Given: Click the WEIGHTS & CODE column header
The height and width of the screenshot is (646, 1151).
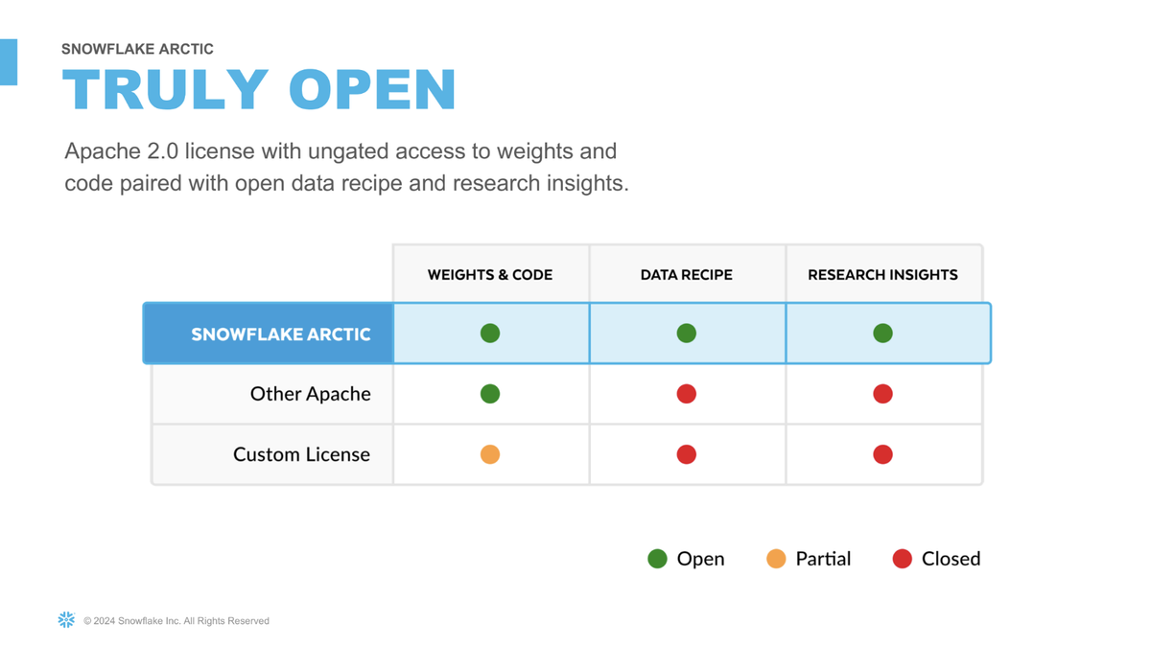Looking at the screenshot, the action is (x=490, y=275).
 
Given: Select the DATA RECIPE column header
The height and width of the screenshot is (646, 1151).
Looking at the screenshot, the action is (x=687, y=275).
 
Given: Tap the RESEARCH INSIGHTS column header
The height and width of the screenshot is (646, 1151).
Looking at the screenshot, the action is (x=882, y=275).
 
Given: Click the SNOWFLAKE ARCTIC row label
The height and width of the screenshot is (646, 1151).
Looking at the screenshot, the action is (x=280, y=335).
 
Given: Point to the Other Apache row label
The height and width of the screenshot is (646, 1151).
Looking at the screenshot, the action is (x=311, y=394).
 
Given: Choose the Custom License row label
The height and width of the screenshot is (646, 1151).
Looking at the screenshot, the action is (x=301, y=454).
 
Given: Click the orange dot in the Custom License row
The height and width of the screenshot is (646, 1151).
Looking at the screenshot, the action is (x=490, y=454).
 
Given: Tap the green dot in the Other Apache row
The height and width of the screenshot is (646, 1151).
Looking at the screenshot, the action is (x=490, y=394).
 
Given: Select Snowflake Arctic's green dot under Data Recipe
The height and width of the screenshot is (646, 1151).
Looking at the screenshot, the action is (x=687, y=334).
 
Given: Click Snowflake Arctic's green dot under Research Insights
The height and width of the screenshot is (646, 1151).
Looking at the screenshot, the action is (x=882, y=334).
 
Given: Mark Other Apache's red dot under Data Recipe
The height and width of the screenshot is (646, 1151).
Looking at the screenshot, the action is (x=687, y=394).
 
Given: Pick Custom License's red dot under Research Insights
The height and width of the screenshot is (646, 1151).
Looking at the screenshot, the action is (x=882, y=454).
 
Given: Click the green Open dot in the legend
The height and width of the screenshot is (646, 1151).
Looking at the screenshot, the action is (x=658, y=559).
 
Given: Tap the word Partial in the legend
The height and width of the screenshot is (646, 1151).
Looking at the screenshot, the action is (x=823, y=559).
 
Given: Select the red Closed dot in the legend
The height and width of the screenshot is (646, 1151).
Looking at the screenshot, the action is (x=903, y=559).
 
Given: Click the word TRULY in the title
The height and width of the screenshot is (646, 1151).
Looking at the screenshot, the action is (x=165, y=89).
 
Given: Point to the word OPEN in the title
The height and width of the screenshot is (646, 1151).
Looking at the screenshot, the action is (x=372, y=89).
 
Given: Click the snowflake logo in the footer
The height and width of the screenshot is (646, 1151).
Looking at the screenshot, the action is (x=66, y=620).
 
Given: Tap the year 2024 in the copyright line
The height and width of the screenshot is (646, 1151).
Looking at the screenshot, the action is (x=104, y=621).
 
